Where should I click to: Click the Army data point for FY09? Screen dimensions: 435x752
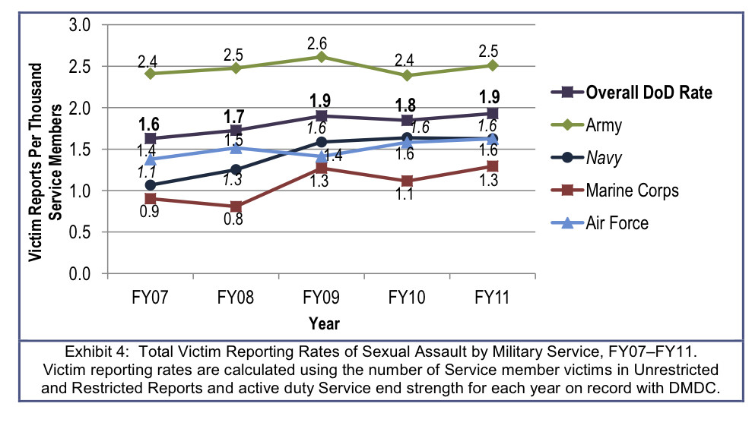click(322, 57)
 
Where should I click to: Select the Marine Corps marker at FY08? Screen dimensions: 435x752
click(236, 206)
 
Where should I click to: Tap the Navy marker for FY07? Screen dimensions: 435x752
click(150, 185)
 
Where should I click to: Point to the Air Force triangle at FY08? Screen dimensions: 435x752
click(236, 148)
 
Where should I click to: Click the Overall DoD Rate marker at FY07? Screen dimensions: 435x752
click(150, 139)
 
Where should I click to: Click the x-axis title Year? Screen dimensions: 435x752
click(323, 323)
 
